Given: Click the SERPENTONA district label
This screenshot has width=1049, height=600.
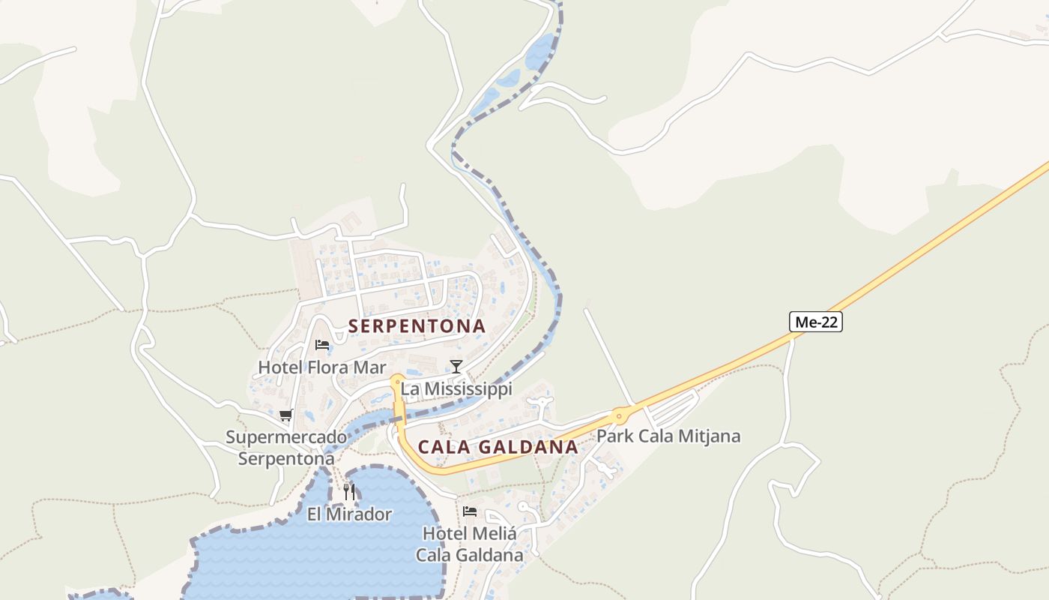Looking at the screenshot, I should tap(417, 326).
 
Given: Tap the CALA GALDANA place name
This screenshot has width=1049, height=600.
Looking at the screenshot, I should tap(498, 447).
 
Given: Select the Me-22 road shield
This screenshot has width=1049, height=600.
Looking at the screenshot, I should tap(816, 322).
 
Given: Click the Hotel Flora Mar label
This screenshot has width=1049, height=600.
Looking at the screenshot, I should tap(322, 367).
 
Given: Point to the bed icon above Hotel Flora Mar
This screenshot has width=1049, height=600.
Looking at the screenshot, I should tap(322, 345).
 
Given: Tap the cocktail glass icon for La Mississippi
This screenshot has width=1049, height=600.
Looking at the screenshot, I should tap(456, 366).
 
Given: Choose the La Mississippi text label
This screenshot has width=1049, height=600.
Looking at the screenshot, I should tap(456, 388).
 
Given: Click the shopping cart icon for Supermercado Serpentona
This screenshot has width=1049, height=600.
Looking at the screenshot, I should tap(285, 415).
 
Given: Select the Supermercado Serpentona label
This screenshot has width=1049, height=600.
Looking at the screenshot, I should tap(286, 448).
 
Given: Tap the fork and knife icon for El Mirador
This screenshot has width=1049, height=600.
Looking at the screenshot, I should tap(349, 492).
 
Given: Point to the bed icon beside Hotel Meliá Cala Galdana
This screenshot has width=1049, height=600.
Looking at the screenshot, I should tap(470, 511).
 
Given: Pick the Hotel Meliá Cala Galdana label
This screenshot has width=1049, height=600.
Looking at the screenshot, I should tap(470, 544).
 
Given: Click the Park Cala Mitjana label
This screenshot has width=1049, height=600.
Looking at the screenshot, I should tap(668, 436).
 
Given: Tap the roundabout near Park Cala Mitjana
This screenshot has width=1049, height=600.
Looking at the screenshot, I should tap(620, 415).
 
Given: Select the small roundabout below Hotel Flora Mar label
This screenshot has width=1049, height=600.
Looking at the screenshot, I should tap(397, 381).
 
